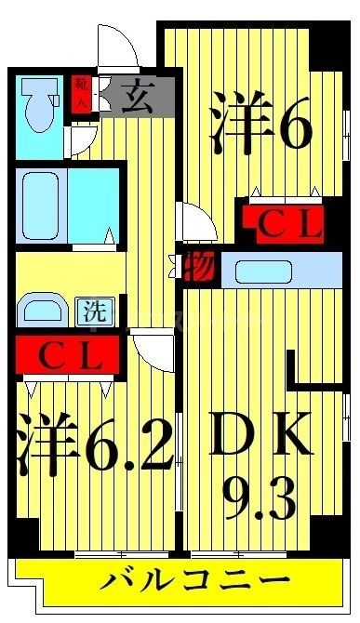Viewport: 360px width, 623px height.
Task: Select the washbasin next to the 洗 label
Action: pyautogui.click(x=43, y=309)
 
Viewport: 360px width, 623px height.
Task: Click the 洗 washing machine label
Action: pyautogui.click(x=94, y=310)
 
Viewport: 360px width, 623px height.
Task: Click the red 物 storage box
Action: pyautogui.click(x=200, y=268)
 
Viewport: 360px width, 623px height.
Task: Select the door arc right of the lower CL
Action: pyautogui.click(x=151, y=351)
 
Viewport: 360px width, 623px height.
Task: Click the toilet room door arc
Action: pyautogui.click(x=80, y=134)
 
